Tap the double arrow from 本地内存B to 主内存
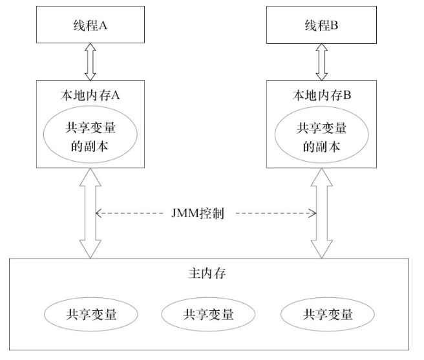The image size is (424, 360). pos(321,213)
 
